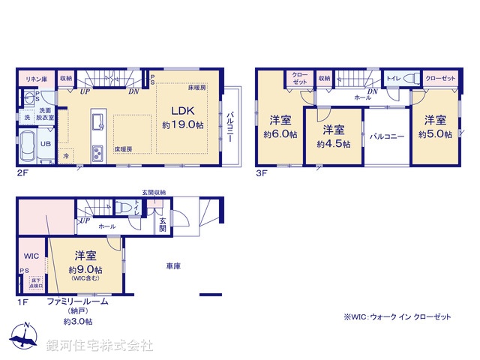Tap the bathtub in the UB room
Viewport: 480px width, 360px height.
(x=28, y=142)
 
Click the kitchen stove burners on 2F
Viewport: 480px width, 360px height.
(x=97, y=154)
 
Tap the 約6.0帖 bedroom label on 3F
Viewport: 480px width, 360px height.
(x=280, y=127)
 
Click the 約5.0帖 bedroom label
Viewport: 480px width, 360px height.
(x=435, y=127)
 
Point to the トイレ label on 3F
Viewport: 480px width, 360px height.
(x=392, y=77)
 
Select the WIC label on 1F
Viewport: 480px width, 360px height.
(x=31, y=256)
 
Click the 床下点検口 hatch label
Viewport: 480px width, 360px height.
(x=37, y=282)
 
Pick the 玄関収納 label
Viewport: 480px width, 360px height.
(x=154, y=193)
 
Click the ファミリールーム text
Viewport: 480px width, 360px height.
(x=78, y=301)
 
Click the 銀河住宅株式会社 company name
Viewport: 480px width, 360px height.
(x=99, y=346)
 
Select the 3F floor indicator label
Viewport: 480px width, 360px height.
(x=261, y=172)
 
